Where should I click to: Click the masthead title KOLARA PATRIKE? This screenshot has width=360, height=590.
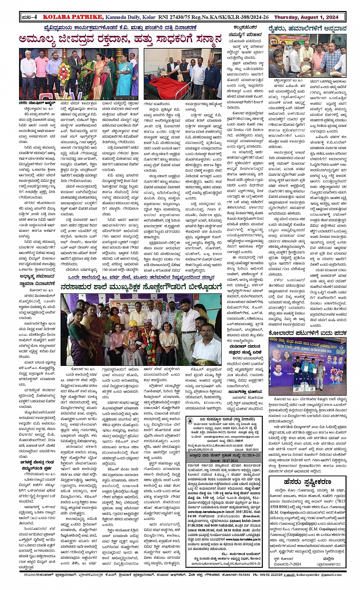tap(72, 17)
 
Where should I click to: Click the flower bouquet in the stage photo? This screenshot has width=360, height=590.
tap(64, 72)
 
